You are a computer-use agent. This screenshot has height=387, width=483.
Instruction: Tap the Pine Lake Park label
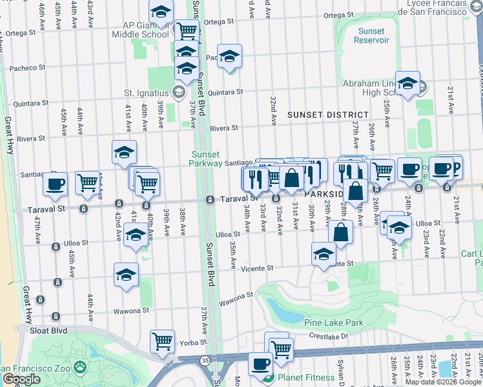coord(334,322)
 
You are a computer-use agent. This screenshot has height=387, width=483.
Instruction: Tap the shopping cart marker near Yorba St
coord(162,341)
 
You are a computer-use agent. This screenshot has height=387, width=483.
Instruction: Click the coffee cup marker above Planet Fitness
coord(260,363)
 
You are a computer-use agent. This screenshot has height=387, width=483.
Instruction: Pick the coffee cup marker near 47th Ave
coord(56,184)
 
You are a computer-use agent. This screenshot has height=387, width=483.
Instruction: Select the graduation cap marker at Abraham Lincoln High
coord(408,83)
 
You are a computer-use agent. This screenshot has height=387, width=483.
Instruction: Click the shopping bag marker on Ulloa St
coord(342,232)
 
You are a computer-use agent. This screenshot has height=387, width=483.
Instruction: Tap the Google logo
coord(22,379)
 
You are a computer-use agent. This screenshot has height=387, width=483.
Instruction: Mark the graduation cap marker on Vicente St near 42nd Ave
coord(127,275)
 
